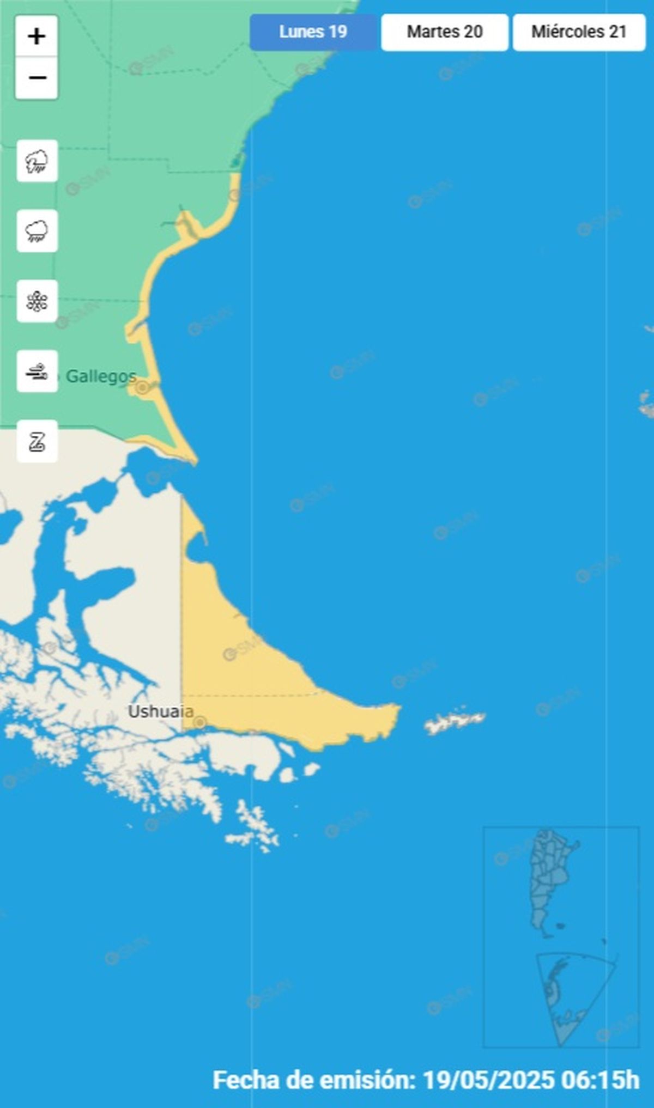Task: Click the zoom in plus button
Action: (37, 36)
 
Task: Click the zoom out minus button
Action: (37, 78)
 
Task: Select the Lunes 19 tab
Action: (313, 32)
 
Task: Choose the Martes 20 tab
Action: (445, 32)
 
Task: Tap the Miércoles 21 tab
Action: (579, 32)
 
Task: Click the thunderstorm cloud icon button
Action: (37, 161)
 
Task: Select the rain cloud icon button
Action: (37, 231)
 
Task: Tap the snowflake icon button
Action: (37, 301)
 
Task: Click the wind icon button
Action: (37, 372)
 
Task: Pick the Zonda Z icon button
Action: (37, 441)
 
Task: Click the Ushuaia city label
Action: (160, 711)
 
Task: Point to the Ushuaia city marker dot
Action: (200, 722)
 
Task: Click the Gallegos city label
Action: (101, 376)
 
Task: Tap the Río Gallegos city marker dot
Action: (142, 387)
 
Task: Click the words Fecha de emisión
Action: (314, 1079)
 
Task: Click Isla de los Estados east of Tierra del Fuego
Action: (455, 722)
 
